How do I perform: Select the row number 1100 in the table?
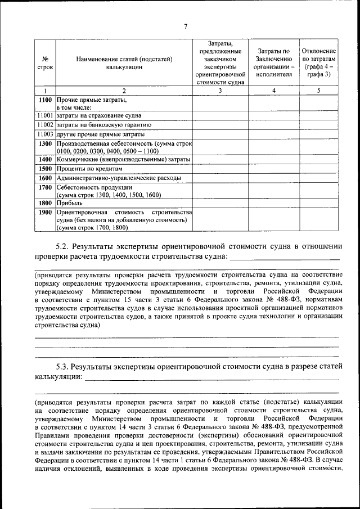click(46, 100)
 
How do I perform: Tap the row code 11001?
click(46, 115)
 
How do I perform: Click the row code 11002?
click(46, 125)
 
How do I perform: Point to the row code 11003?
click(46, 134)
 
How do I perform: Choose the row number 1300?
click(46, 144)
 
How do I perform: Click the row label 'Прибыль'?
click(69, 203)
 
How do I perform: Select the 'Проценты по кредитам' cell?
click(89, 169)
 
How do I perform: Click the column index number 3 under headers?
click(220, 90)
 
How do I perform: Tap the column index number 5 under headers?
click(318, 90)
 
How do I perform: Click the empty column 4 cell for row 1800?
click(273, 203)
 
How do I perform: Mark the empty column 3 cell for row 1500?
click(220, 169)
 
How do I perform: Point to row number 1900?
click(46, 212)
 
